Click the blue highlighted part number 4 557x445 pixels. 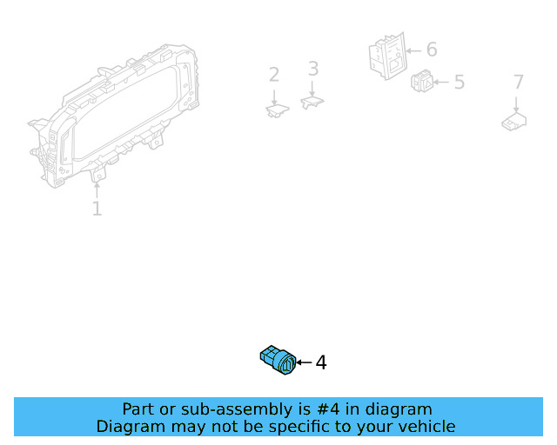click(x=278, y=361)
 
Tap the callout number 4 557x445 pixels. click(x=321, y=362)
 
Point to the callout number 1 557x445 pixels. click(x=97, y=209)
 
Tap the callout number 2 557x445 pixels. click(x=274, y=75)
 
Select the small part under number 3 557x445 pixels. click(x=312, y=103)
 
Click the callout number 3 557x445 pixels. click(x=313, y=69)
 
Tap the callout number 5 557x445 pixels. click(x=459, y=83)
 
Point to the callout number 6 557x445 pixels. click(x=432, y=50)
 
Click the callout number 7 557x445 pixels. click(x=519, y=83)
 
